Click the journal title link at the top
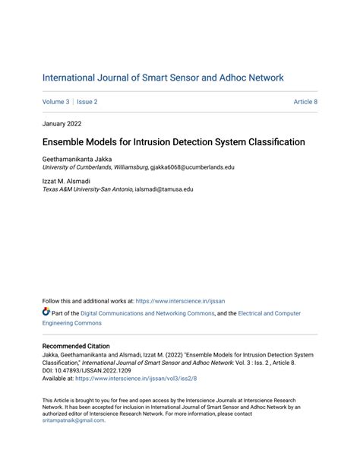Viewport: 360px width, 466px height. pos(163,78)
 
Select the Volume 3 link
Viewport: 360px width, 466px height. pos(55,102)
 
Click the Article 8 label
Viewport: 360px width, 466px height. pos(305,102)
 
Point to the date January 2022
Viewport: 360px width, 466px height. pos(62,123)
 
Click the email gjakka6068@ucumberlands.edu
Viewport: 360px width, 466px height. pos(193,166)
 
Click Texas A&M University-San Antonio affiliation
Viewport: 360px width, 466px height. pos(87,190)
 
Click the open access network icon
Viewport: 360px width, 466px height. pos(46,312)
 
